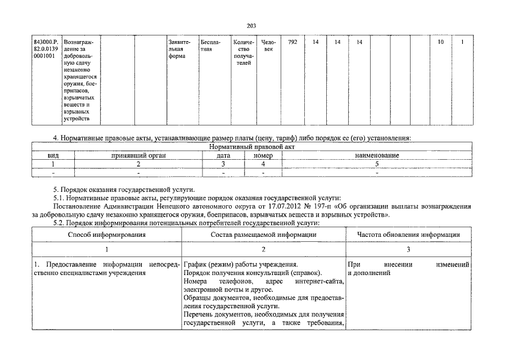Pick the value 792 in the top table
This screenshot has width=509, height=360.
[292, 42]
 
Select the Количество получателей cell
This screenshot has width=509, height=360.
[244, 53]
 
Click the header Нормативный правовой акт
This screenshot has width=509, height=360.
[251, 147]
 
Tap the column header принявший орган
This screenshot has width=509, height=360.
[138, 155]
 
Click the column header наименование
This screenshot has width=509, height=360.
[377, 155]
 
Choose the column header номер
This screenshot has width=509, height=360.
[263, 155]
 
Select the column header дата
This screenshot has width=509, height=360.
[223, 155]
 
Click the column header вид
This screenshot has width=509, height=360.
[53, 155]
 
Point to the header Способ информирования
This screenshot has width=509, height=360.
[106, 235]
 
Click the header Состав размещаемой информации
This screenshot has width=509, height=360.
[264, 235]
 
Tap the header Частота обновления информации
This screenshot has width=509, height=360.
[408, 235]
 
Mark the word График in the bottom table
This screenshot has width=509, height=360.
[195, 264]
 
